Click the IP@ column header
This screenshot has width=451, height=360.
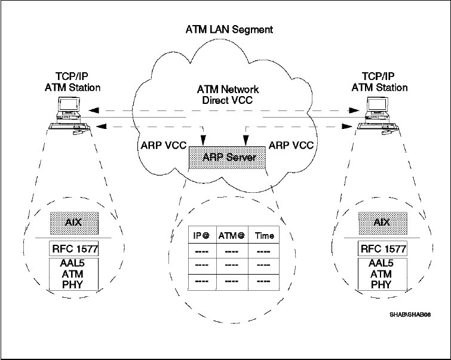pyautogui.click(x=194, y=236)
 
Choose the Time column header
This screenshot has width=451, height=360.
pyautogui.click(x=264, y=236)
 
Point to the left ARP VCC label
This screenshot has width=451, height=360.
pyautogui.click(x=159, y=144)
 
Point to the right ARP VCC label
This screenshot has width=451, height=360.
pyautogui.click(x=292, y=144)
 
